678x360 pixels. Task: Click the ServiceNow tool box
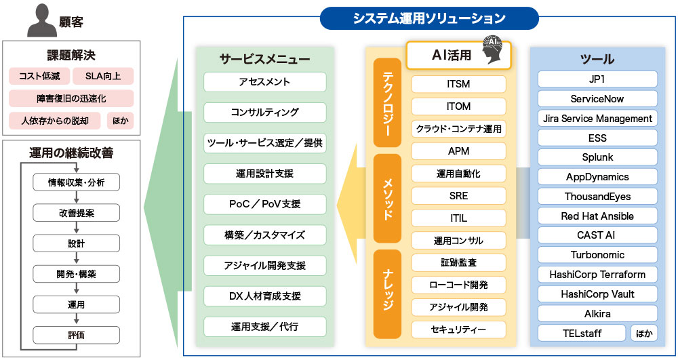(x=597, y=98)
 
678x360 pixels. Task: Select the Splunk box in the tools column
(x=597, y=157)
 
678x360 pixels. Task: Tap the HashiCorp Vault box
(x=597, y=294)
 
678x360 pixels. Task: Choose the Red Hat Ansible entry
(x=597, y=216)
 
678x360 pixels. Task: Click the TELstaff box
(x=581, y=333)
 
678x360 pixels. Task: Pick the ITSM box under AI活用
(x=458, y=84)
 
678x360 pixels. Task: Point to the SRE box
(x=458, y=196)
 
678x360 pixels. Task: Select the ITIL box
(x=458, y=218)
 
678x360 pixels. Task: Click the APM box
(x=458, y=151)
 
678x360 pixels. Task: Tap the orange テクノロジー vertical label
(x=388, y=102)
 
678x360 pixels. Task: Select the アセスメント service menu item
(x=264, y=82)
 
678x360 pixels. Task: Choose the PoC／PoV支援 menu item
(x=264, y=204)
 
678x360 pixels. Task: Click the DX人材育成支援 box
(x=264, y=296)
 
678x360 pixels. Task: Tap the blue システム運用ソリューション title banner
(x=429, y=18)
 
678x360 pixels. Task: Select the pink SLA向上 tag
(x=103, y=76)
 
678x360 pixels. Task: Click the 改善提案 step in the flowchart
(x=76, y=212)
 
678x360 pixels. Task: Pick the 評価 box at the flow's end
(x=76, y=334)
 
